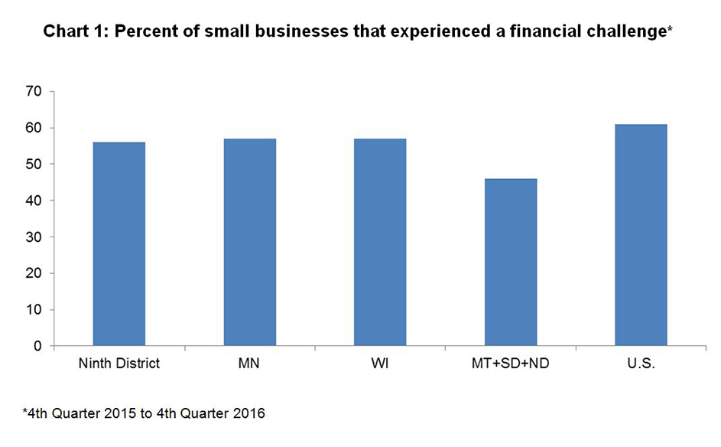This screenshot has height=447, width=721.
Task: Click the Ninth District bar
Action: (119, 243)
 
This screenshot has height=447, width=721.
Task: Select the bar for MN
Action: (249, 242)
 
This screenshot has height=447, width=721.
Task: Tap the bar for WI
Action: (380, 242)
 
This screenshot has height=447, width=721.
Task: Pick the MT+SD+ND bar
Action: (511, 262)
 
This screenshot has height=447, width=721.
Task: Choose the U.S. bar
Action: (641, 234)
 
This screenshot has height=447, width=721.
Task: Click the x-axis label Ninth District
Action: (119, 364)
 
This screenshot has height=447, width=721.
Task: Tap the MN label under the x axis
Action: (249, 364)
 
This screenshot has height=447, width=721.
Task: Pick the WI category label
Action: (380, 364)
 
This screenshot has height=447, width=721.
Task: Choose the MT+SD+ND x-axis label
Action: (511, 364)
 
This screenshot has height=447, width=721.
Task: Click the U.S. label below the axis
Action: (641, 364)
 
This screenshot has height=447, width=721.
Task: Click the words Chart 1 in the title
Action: (71, 32)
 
